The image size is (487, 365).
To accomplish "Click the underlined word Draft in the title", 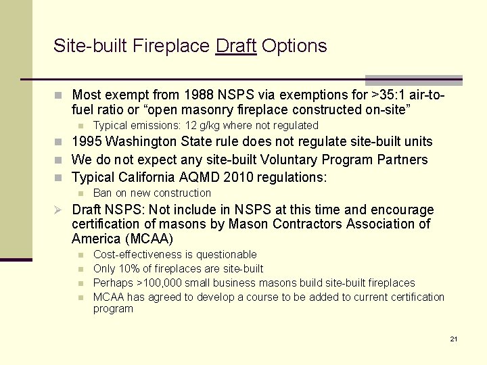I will click(x=235, y=46).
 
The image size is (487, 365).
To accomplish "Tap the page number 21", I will click(x=454, y=338).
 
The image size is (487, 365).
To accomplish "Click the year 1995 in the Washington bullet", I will click(x=88, y=141).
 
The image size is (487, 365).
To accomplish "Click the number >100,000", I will click(x=162, y=283).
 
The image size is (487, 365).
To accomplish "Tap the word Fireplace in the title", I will click(x=172, y=46).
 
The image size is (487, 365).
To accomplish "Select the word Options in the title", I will click(x=294, y=46).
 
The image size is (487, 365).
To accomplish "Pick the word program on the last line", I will click(x=113, y=309).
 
